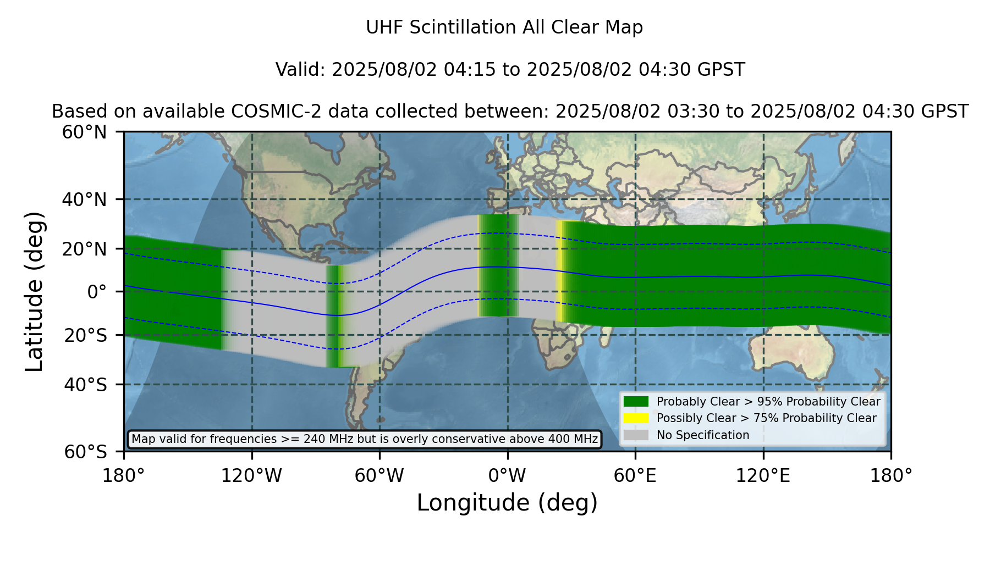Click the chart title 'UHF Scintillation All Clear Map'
[x=504, y=27]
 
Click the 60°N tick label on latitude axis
[x=85, y=132]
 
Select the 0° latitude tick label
[x=97, y=292]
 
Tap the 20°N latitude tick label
[x=85, y=249]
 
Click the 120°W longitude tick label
[x=251, y=476]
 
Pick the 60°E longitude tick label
[x=635, y=476]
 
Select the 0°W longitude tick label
[x=508, y=476]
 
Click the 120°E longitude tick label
[x=763, y=476]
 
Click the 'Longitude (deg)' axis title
[x=507, y=503]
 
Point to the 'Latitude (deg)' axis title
[x=34, y=291]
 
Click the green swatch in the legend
[x=636, y=402]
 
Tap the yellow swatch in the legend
[x=636, y=418]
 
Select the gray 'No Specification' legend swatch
[x=636, y=435]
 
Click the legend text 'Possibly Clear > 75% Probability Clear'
[x=767, y=418]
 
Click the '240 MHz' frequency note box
[x=365, y=439]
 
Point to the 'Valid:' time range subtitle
[x=510, y=70]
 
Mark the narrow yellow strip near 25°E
[x=559, y=271]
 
